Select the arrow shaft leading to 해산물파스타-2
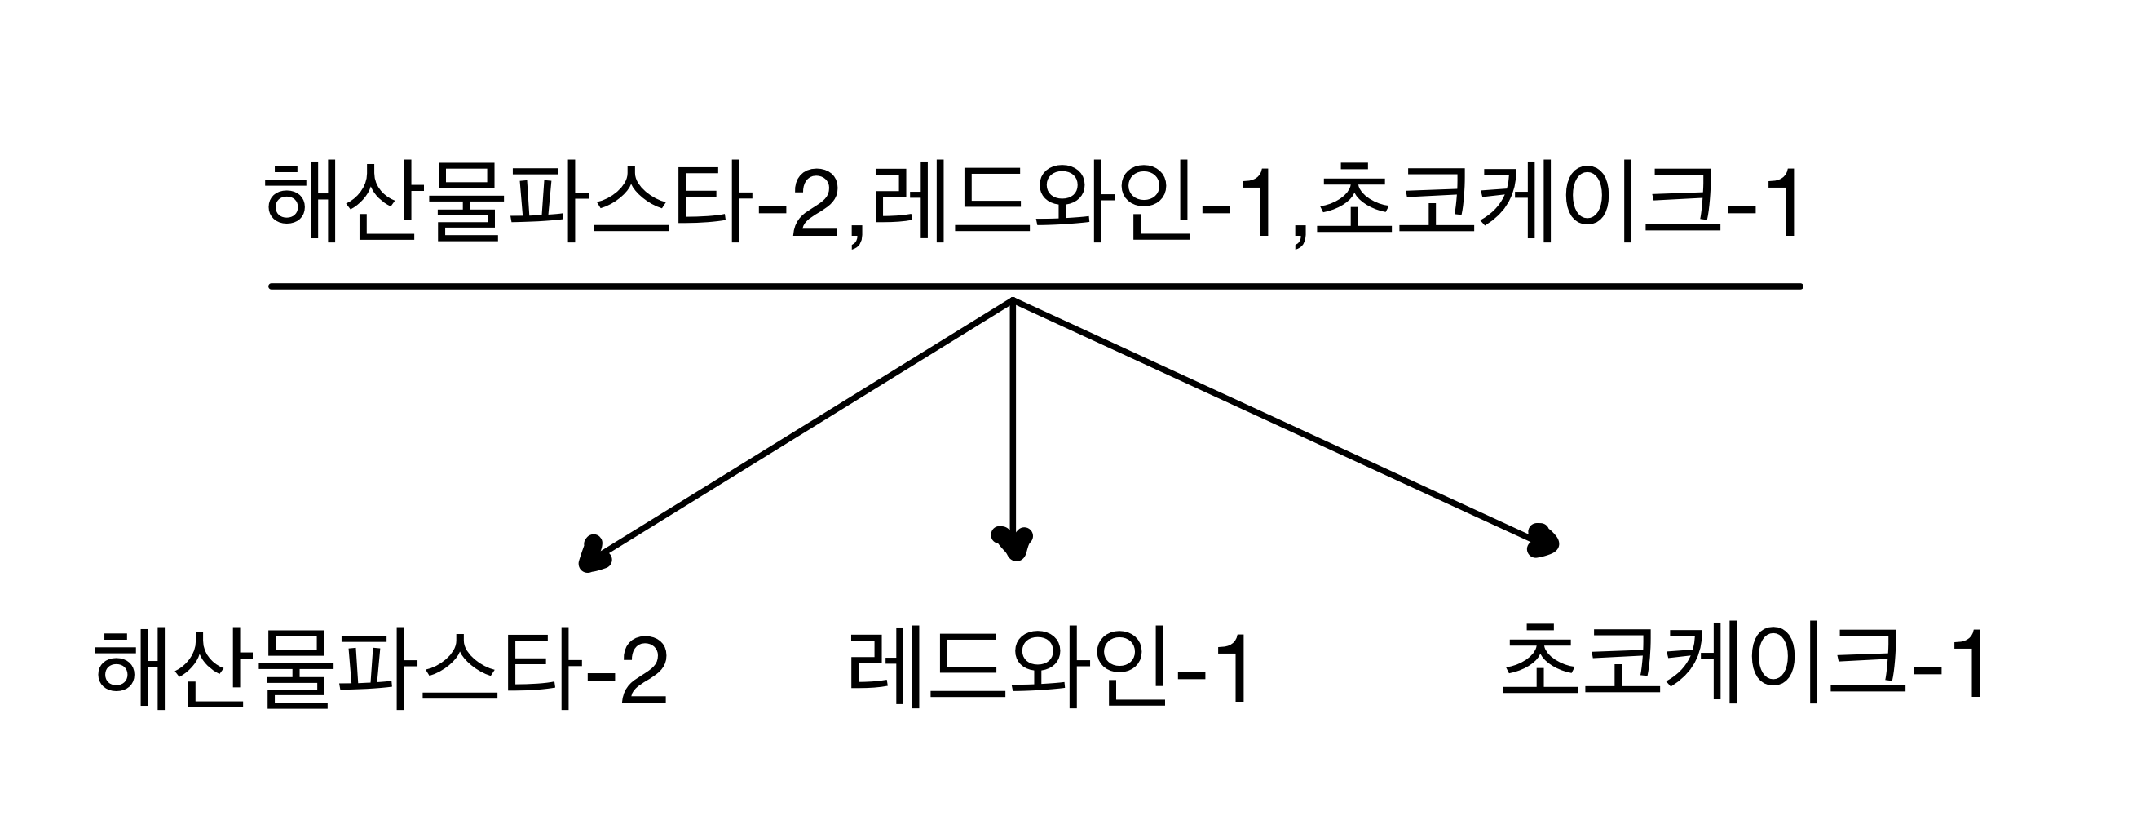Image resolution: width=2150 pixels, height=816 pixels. coord(801,428)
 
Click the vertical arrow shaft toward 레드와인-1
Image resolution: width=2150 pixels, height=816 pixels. coord(1012,418)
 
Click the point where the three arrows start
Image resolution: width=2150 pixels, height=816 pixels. coord(1012,299)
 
